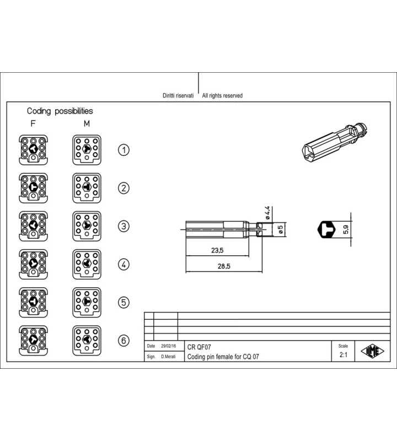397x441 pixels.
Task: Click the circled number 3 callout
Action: pyautogui.click(x=124, y=226)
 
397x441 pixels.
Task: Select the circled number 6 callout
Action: pyautogui.click(x=124, y=341)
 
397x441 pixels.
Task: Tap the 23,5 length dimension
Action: pyautogui.click(x=217, y=250)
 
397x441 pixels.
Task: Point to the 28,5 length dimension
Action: pyautogui.click(x=224, y=266)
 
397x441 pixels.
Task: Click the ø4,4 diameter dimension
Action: pyautogui.click(x=267, y=213)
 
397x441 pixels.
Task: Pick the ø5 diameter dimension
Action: pyautogui.click(x=280, y=229)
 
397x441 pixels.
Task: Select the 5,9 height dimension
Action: pyautogui.click(x=346, y=229)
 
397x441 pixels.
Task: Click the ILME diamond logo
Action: pyautogui.click(x=372, y=351)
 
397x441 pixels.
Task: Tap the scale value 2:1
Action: pyautogui.click(x=344, y=355)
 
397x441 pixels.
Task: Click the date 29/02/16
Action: pyautogui.click(x=169, y=346)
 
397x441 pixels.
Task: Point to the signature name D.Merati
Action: pyautogui.click(x=168, y=357)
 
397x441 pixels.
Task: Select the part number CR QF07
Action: pyautogui.click(x=199, y=347)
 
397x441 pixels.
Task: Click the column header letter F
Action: pyautogui.click(x=33, y=123)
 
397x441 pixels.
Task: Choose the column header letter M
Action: pyautogui.click(x=87, y=123)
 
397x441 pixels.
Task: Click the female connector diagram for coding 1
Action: pyautogui.click(x=33, y=150)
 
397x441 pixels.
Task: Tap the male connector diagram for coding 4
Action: pyautogui.click(x=87, y=265)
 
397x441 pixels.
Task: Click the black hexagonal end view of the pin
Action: pyautogui.click(x=326, y=229)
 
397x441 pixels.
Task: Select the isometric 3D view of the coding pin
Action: pyautogui.click(x=335, y=142)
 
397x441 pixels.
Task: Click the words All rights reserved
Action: pyautogui.click(x=222, y=95)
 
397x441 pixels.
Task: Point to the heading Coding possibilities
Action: pyautogui.click(x=60, y=111)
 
